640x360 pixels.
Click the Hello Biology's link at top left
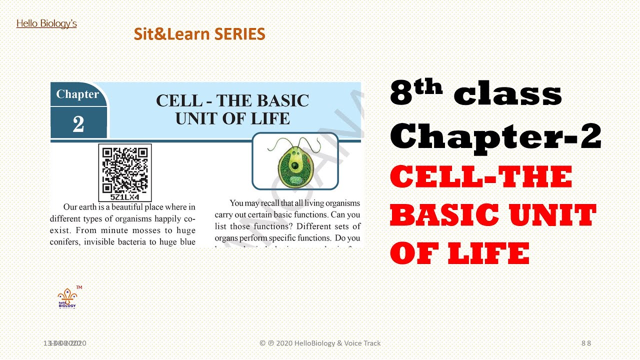click(x=46, y=23)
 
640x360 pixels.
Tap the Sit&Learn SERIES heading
click(x=199, y=34)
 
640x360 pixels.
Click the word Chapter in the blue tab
click(x=77, y=94)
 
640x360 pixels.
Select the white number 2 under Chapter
click(x=78, y=124)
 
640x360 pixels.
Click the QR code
click(x=125, y=169)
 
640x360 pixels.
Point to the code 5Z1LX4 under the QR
click(x=125, y=197)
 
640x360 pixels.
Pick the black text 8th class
click(x=475, y=93)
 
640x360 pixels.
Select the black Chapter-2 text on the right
click(x=495, y=135)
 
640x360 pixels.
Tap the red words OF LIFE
click(x=459, y=253)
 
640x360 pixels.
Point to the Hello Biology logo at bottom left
click(x=67, y=298)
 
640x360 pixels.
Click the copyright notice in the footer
click(x=320, y=343)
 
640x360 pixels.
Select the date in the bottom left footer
click(x=64, y=343)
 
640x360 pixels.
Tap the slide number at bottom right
click(x=586, y=343)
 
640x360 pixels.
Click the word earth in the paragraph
click(x=86, y=207)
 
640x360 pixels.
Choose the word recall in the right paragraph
click(x=272, y=203)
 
